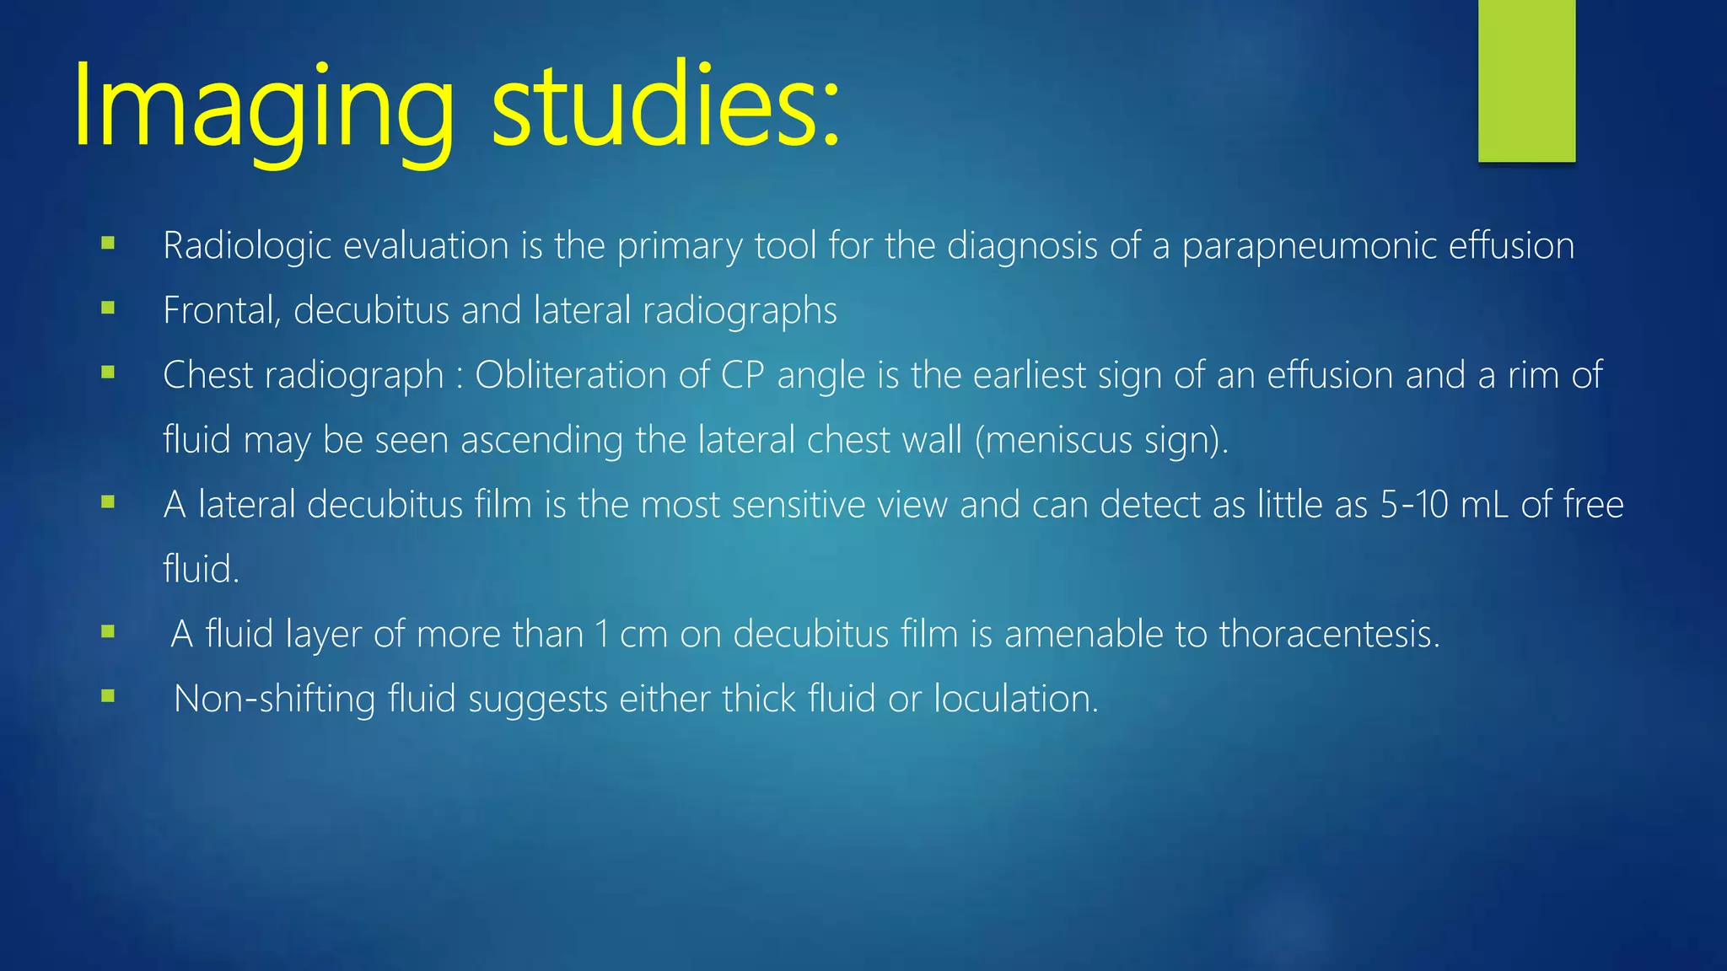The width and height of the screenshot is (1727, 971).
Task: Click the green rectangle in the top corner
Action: (x=1526, y=80)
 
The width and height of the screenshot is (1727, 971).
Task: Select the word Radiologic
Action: (x=247, y=246)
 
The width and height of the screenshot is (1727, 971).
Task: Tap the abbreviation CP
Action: (x=742, y=375)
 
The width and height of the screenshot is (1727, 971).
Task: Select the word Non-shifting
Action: (x=273, y=699)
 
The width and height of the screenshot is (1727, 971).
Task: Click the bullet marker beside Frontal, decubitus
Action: (x=108, y=308)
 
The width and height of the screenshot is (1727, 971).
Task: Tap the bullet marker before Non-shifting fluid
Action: (x=108, y=696)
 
